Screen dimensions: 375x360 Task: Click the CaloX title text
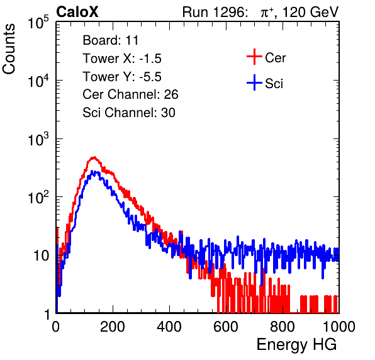77,12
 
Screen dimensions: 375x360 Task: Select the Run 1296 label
215,12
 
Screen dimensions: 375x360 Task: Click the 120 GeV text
311,12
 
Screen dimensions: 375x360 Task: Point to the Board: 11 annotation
111,40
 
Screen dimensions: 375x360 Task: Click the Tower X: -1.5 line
122,59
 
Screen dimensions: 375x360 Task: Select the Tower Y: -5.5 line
122,77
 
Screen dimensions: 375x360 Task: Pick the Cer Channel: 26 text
130,94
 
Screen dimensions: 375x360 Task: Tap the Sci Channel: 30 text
129,113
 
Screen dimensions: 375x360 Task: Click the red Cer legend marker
254,57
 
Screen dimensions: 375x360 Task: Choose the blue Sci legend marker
254,83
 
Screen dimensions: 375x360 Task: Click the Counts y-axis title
9,49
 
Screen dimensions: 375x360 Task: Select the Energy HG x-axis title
296,345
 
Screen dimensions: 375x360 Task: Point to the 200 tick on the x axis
113,327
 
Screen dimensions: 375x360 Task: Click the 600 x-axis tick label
226,327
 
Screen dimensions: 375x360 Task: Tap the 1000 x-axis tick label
339,327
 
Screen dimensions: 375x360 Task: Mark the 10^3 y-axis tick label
38,139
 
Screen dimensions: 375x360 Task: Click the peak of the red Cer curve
94,157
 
